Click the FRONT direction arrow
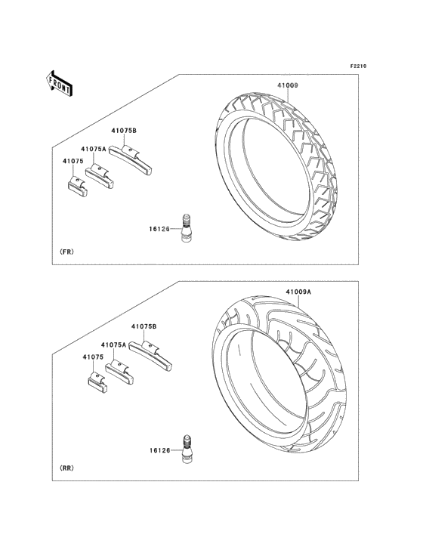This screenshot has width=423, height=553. coord(59,83)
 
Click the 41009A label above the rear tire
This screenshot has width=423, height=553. coord(298,292)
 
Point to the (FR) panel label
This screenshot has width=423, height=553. coord(66,252)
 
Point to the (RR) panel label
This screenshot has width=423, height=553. coord(66,468)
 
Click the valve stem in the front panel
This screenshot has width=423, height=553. coord(186,228)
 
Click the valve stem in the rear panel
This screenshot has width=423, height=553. coord(187,449)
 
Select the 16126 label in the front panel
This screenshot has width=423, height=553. coord(159,229)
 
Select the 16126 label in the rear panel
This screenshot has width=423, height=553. coord(159,450)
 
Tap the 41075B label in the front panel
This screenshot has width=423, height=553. coord(124,131)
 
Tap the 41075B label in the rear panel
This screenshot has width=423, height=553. coord(144,326)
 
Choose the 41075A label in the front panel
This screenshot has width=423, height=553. coord(94,149)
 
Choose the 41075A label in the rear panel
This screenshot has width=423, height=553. coord(113,345)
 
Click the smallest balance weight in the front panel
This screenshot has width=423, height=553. coord(77,187)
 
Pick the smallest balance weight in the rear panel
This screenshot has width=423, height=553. coord(97,383)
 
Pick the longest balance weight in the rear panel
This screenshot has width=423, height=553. coord(150,357)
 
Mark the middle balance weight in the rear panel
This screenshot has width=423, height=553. coord(119,372)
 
